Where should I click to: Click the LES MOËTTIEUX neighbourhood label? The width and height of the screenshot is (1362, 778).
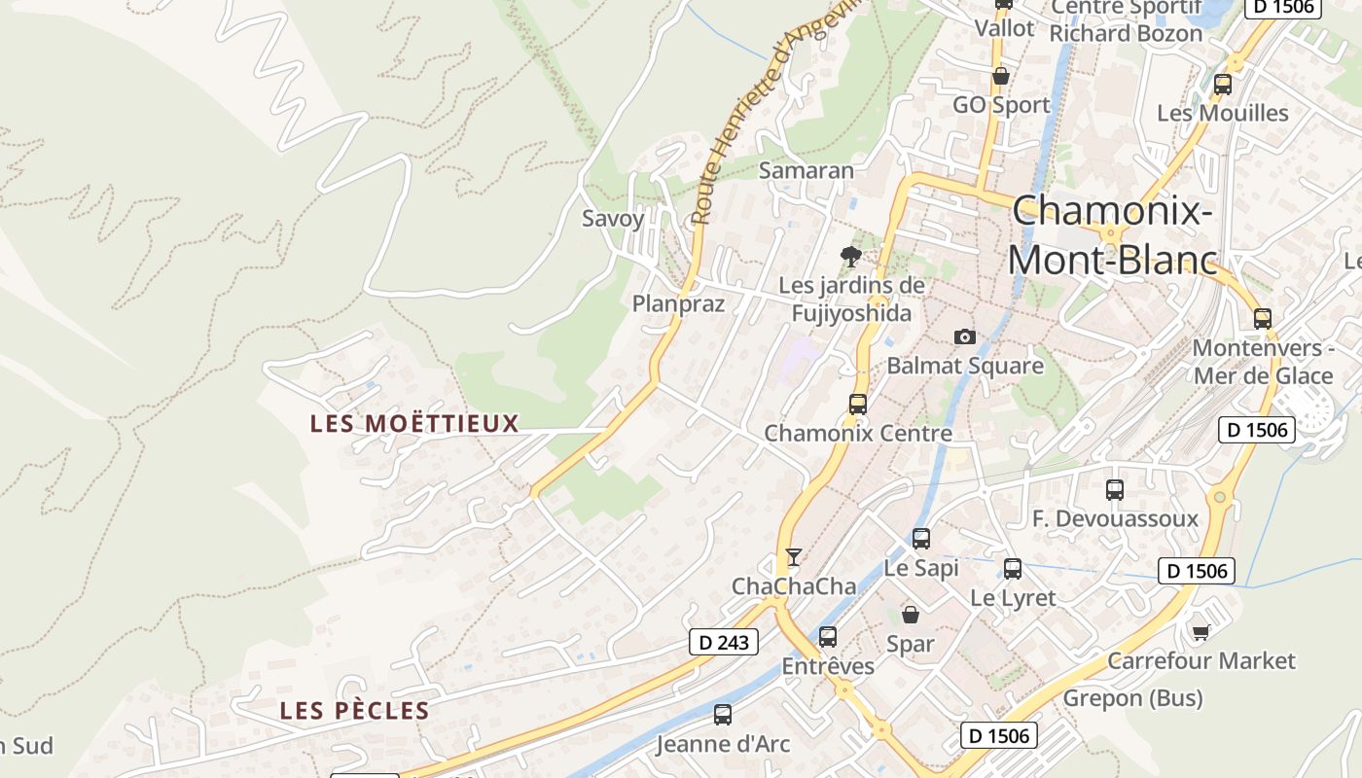point(414,424)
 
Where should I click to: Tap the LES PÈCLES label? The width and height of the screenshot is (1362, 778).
point(354,711)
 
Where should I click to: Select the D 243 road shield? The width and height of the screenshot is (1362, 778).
point(723,642)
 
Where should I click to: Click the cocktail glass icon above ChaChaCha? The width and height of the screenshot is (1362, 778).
point(794,557)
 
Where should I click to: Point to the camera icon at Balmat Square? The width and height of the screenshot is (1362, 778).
point(964,336)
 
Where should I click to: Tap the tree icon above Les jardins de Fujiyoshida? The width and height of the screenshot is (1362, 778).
point(851,257)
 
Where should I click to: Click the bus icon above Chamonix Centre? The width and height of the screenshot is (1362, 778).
point(857,404)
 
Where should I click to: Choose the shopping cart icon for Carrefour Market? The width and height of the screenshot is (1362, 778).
point(1201,633)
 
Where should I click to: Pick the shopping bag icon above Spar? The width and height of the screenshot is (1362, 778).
point(911,615)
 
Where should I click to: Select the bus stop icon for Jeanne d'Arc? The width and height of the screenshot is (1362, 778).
point(722,715)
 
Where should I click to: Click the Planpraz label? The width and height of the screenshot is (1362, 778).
point(678,303)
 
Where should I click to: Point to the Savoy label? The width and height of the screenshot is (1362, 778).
point(613,219)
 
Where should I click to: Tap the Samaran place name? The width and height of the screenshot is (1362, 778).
point(806,170)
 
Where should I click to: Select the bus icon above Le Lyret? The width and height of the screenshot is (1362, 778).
point(1013,569)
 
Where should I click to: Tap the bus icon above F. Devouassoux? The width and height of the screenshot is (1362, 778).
point(1115,490)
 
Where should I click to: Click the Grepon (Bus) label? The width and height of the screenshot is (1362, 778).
point(1132,698)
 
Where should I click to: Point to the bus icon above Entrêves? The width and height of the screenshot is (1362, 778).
point(827,637)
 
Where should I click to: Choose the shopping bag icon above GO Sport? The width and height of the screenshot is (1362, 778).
point(1000,76)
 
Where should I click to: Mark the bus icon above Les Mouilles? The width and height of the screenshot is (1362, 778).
point(1223,85)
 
